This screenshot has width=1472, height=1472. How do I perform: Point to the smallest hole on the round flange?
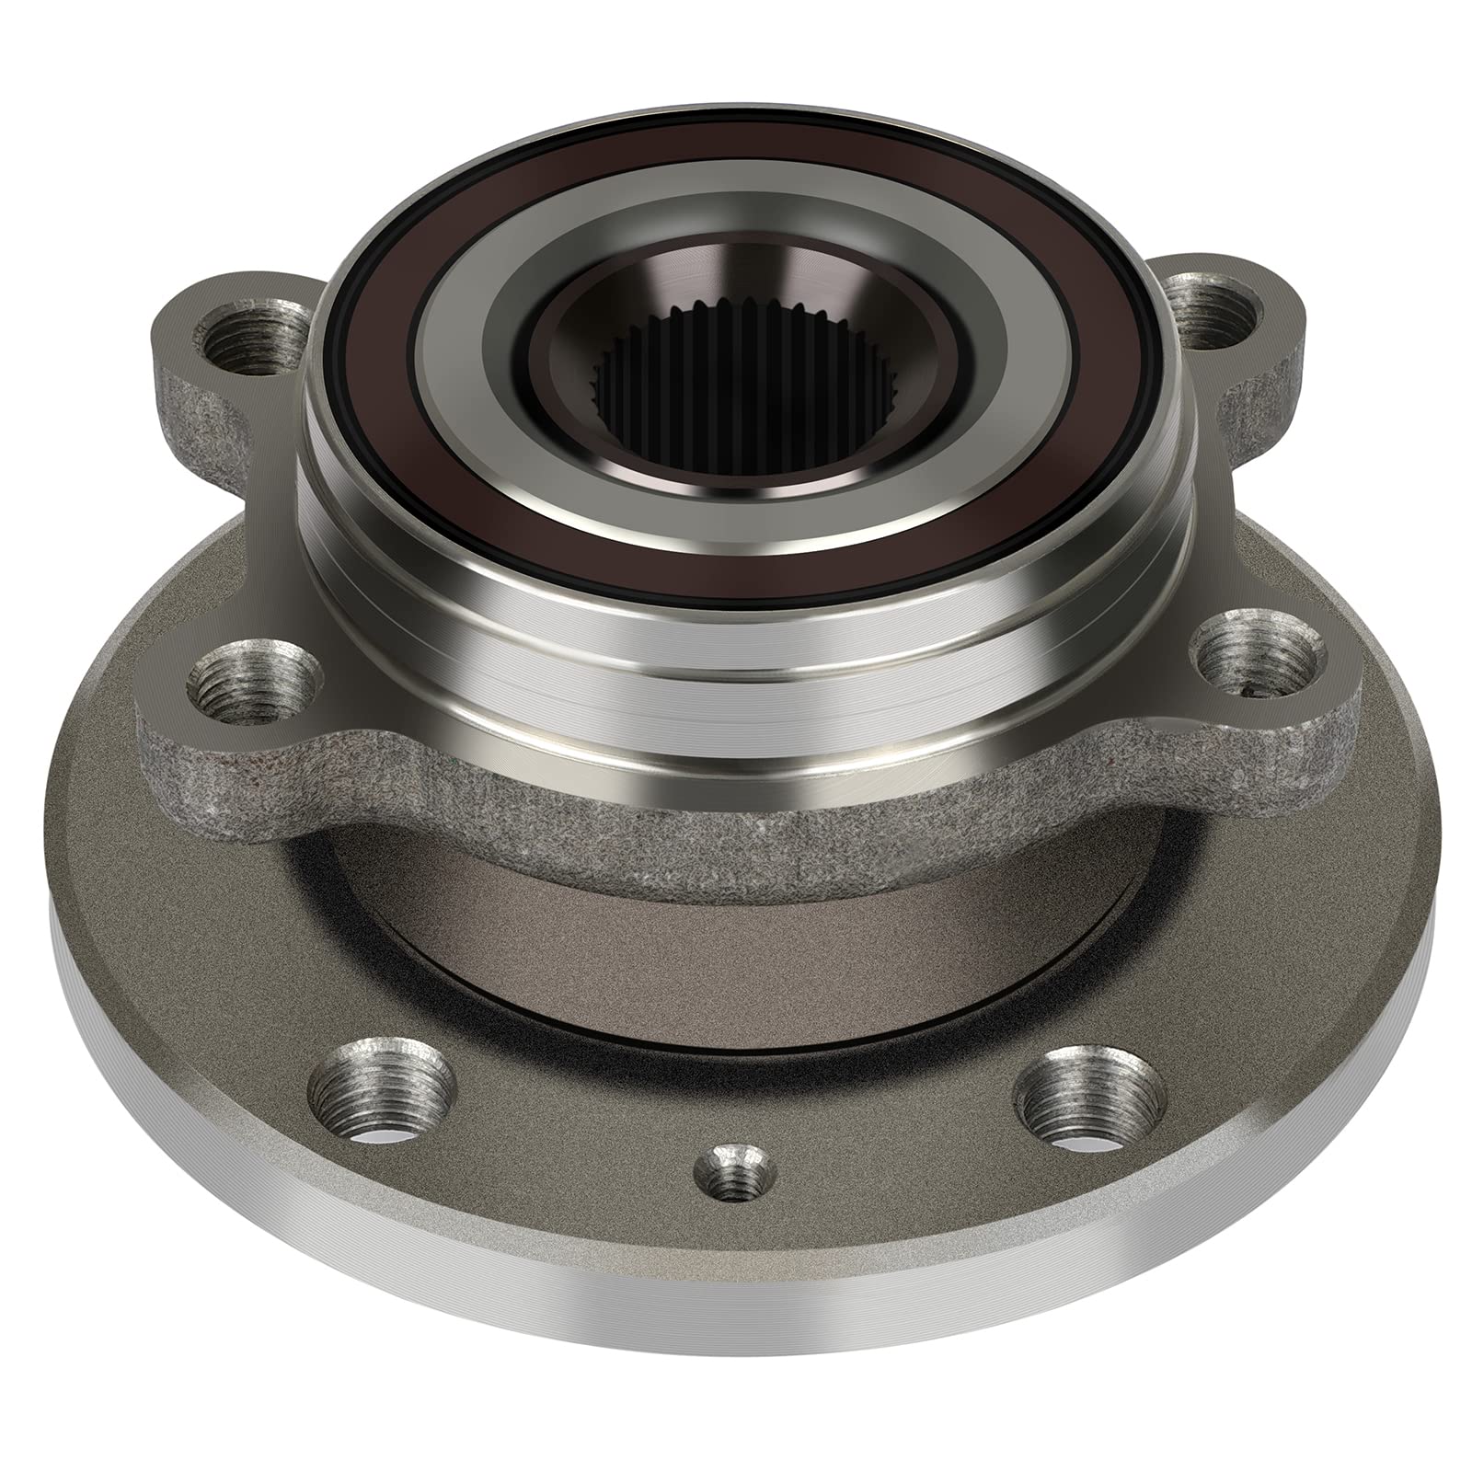[734, 1174]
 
